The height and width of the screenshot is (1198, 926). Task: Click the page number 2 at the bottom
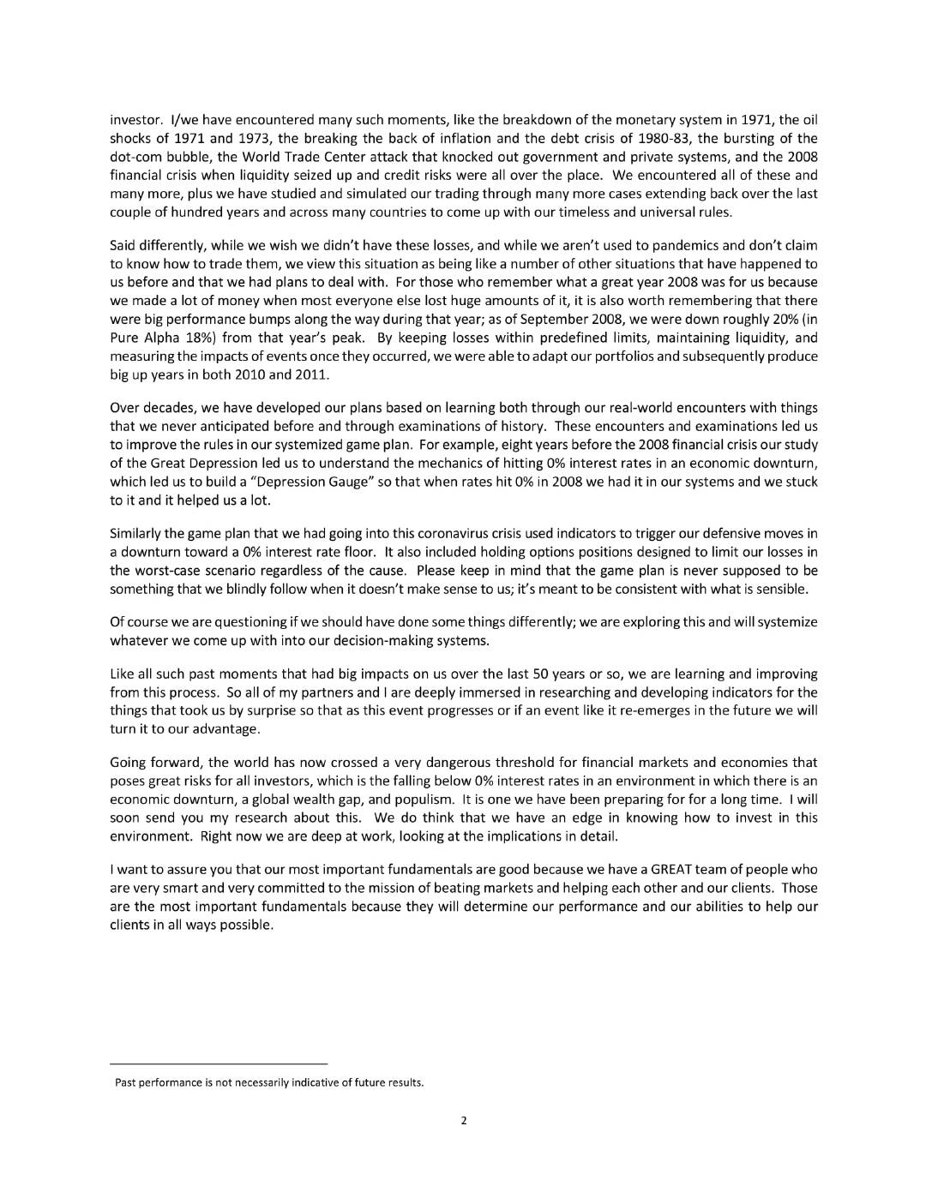tap(463, 1120)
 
